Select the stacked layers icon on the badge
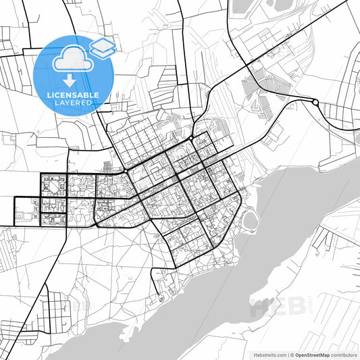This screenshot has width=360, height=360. click(x=103, y=47)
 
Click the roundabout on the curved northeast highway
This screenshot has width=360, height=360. click(x=315, y=102)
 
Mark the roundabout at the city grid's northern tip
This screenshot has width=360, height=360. click(x=192, y=137)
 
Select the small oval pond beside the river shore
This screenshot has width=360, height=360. click(x=251, y=220)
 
